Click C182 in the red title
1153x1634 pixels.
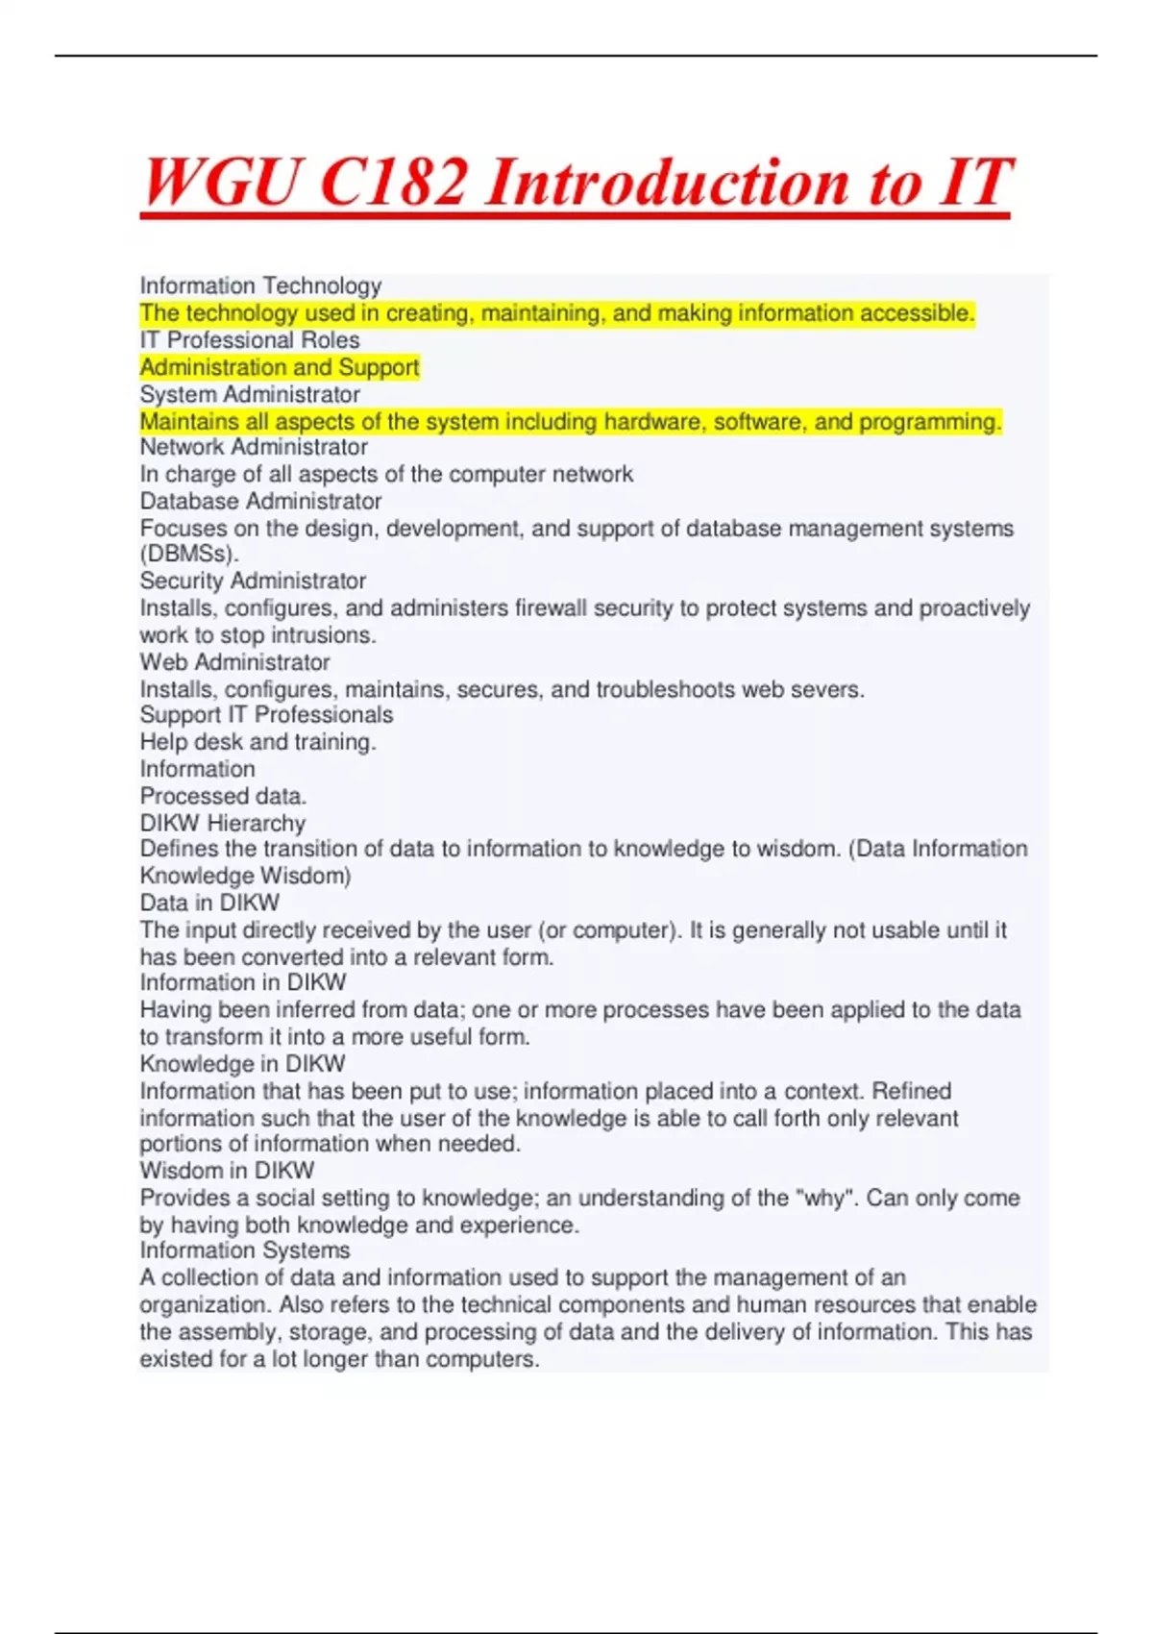pos(394,182)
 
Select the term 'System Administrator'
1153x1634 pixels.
pos(250,394)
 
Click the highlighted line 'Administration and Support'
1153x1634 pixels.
pos(280,367)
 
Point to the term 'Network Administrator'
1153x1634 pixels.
pos(254,447)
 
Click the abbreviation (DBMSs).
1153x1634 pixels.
pos(189,554)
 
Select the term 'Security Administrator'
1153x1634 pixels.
pos(253,581)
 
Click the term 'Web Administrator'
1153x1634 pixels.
pos(234,662)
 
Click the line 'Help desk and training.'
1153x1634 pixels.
pos(258,742)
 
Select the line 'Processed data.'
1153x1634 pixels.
pos(223,796)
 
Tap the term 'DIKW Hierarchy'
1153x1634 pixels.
pos(223,823)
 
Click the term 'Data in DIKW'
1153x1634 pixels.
pos(209,903)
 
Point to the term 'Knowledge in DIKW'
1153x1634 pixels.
pos(242,1064)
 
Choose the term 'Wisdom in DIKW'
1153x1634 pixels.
pos(227,1171)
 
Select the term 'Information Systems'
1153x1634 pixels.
pos(245,1250)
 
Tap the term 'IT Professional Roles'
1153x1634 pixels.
pos(250,340)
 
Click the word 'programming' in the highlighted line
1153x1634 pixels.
pos(930,421)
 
